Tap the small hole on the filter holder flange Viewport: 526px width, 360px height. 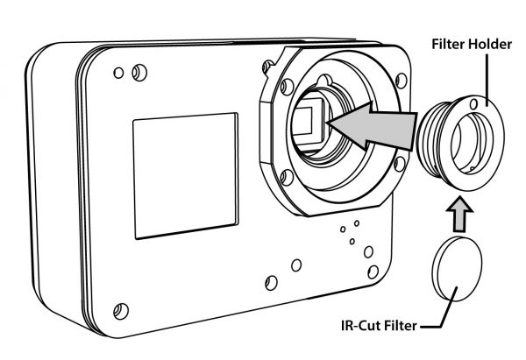pos(474,104)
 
